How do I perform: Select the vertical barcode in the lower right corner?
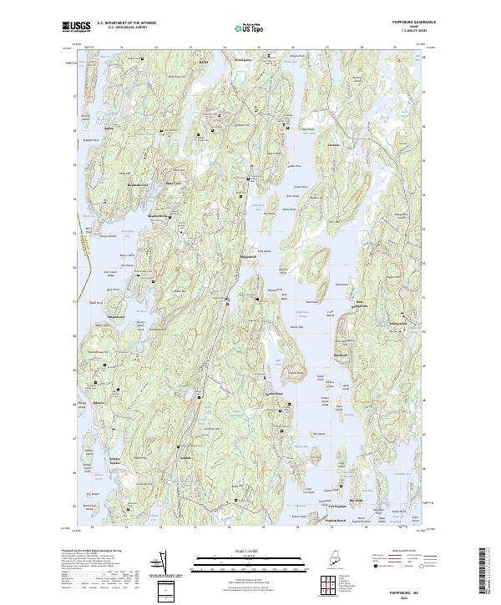pos(488,572)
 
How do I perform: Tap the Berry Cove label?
pos(173,184)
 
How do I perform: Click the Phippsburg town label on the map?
pos(249,257)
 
